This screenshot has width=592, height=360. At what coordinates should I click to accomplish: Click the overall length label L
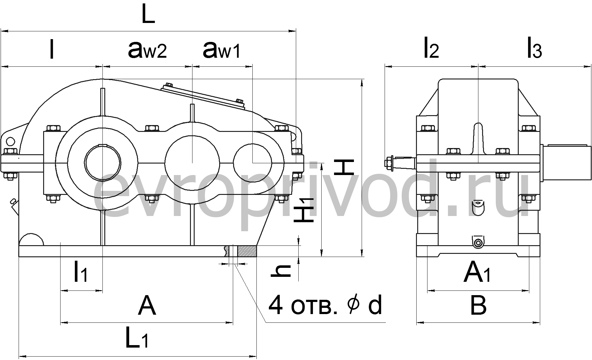point(148,16)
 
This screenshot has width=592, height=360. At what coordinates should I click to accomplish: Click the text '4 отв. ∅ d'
point(325,306)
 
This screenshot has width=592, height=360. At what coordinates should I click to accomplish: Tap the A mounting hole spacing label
point(147,306)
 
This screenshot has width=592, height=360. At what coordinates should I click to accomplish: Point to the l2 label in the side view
point(432,49)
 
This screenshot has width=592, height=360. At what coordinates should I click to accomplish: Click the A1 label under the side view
point(477,272)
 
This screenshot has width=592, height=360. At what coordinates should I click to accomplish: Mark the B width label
point(478,306)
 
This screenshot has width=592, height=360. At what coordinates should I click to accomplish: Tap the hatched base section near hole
point(247,251)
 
